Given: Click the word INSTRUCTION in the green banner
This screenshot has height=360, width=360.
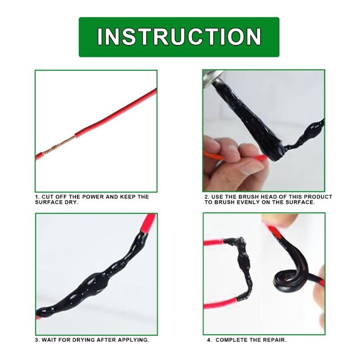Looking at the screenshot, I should coord(179,37).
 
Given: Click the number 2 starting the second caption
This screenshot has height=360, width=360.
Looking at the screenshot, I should coord(206,197).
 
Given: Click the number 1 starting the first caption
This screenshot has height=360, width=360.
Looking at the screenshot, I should coord(36,197).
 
